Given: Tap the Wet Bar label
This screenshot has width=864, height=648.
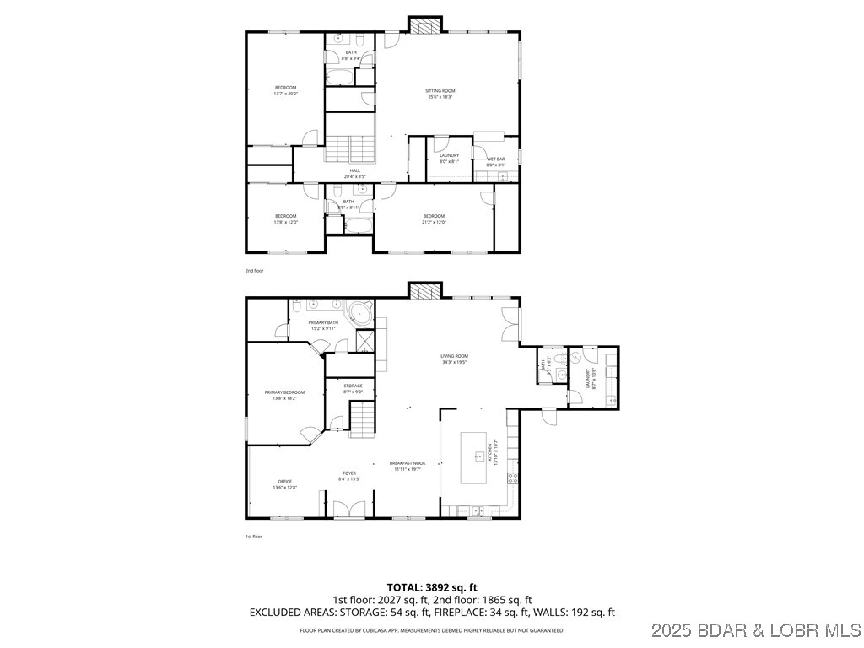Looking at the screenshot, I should (x=495, y=161).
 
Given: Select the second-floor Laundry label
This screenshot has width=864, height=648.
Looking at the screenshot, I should (x=449, y=158).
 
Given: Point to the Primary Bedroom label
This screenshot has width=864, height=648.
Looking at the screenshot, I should (x=283, y=395).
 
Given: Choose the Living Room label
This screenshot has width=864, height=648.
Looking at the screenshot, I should (x=454, y=359).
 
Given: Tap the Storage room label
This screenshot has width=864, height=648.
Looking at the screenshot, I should (x=353, y=388).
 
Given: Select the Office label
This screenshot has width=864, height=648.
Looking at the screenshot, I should (x=284, y=484).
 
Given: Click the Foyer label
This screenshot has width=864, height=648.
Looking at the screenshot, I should (x=348, y=476).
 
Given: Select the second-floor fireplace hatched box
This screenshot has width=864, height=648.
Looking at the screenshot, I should (x=424, y=24).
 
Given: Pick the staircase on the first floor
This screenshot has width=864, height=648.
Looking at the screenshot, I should (x=363, y=419).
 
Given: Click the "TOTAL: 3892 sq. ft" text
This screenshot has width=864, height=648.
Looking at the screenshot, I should (x=432, y=587).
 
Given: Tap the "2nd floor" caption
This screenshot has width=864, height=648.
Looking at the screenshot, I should (x=254, y=271).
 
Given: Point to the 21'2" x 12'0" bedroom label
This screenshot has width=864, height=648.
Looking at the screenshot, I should (x=434, y=219).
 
